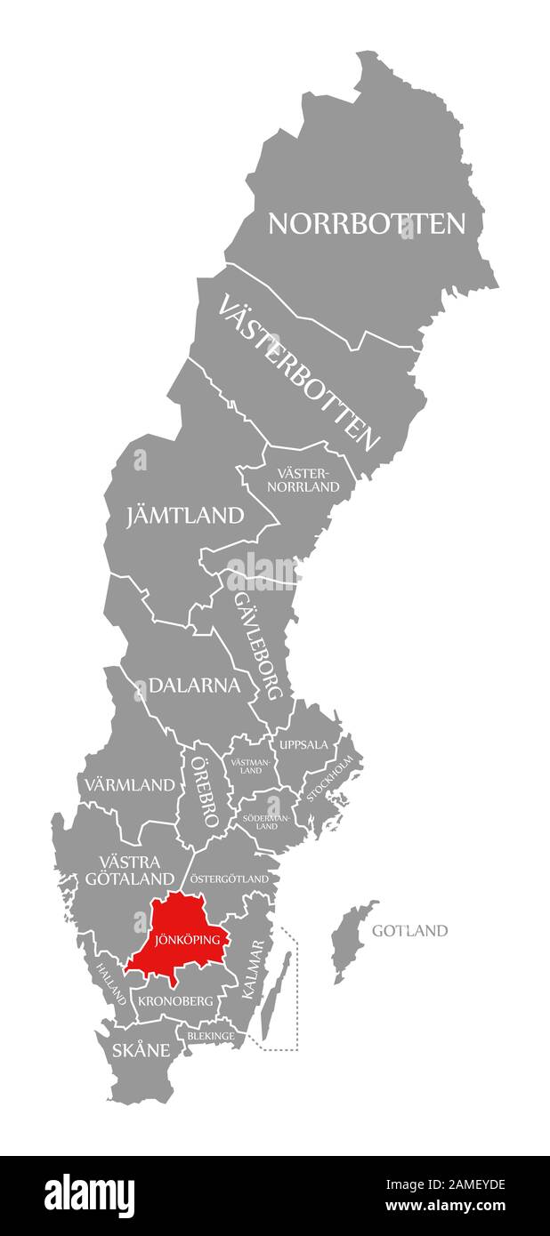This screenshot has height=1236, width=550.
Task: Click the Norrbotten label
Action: (x=366, y=223)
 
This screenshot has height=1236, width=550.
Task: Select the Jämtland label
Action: (x=185, y=515)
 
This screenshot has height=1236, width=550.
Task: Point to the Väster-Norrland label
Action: (x=308, y=480)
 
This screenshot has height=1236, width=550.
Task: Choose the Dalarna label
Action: (x=195, y=686)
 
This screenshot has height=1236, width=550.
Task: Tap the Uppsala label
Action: (x=303, y=745)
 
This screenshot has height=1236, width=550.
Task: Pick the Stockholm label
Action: (x=329, y=779)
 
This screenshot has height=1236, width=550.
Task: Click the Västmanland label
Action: (x=252, y=766)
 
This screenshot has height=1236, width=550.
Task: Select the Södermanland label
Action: (x=267, y=820)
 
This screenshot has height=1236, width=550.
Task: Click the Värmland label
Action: (x=131, y=785)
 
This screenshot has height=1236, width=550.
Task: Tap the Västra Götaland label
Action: (x=130, y=871)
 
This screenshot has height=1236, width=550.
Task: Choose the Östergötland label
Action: (x=230, y=879)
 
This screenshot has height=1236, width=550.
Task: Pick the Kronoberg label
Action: (x=175, y=1000)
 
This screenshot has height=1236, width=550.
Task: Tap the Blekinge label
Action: (x=211, y=1036)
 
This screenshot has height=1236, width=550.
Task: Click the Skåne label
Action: (x=141, y=1050)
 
